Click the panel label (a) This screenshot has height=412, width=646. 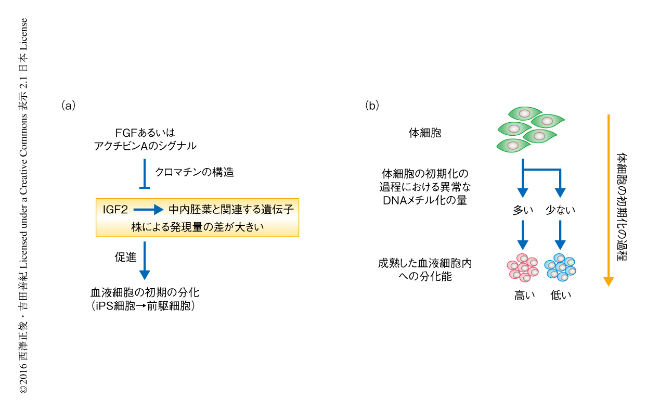pos(69,106)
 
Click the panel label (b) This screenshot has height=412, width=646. pos(372,106)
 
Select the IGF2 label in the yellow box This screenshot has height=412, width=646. pos(116,210)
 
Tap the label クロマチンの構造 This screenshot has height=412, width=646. pos(195,172)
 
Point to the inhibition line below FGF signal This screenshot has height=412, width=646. pos(145,175)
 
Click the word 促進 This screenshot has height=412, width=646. pos(124,257)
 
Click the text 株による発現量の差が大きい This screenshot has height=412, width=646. pos(197,227)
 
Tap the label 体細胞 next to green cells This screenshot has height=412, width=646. pos(425,133)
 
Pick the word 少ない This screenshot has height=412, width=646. pos(560,210)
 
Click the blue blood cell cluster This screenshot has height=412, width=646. pos(560,267)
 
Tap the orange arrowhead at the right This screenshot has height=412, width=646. pos(609,281)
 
